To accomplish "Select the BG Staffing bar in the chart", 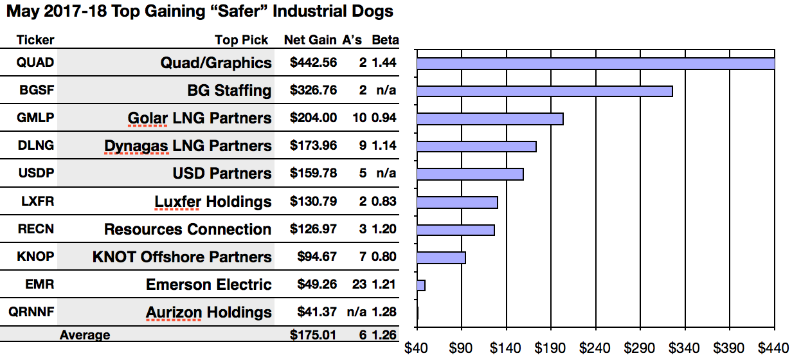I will coord(544,91).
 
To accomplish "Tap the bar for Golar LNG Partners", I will coord(490,119).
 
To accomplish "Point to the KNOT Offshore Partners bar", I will coord(441,258).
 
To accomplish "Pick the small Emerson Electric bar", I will coord(421,285).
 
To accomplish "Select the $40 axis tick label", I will coord(417,348).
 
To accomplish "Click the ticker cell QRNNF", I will coord(32,312).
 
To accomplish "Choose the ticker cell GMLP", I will coord(36,118).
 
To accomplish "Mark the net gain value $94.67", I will coord(317,257).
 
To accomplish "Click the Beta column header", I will coord(385,40).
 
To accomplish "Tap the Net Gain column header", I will coord(310,40).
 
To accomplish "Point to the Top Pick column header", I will coord(242,40).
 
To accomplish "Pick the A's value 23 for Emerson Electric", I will coord(359,285).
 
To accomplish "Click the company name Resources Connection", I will coord(188,230).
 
